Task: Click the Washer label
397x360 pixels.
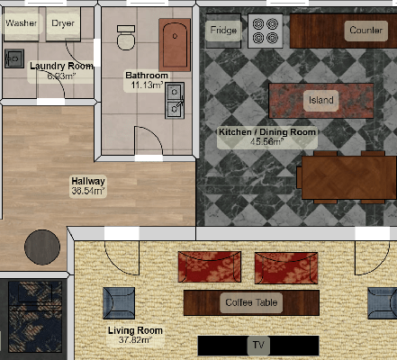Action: coord(22,22)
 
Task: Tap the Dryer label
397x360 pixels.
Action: coord(63,23)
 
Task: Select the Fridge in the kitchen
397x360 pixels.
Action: coord(223,31)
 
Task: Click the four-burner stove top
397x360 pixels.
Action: coord(266,31)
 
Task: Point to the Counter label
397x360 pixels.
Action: coord(366,31)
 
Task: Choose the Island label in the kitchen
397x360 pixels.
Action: coord(321,100)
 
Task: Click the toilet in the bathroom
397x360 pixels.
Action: coord(126,38)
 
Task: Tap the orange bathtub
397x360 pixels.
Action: coord(175,45)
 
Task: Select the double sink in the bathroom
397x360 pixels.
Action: coord(175,101)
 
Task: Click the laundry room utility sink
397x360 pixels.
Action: coord(14,58)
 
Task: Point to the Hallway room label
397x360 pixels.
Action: coord(88,181)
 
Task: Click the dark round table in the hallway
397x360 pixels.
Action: coord(42,247)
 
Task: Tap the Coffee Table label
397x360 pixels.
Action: coord(251,302)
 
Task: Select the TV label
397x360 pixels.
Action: coord(258,345)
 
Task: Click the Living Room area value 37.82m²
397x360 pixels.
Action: coord(135,340)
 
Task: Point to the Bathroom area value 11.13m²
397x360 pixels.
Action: coord(147,85)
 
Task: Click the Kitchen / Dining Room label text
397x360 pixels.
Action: coord(267,132)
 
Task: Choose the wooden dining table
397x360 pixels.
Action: coord(349,177)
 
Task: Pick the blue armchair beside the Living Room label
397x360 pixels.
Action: coord(119,303)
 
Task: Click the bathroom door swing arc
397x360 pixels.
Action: coord(155,134)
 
